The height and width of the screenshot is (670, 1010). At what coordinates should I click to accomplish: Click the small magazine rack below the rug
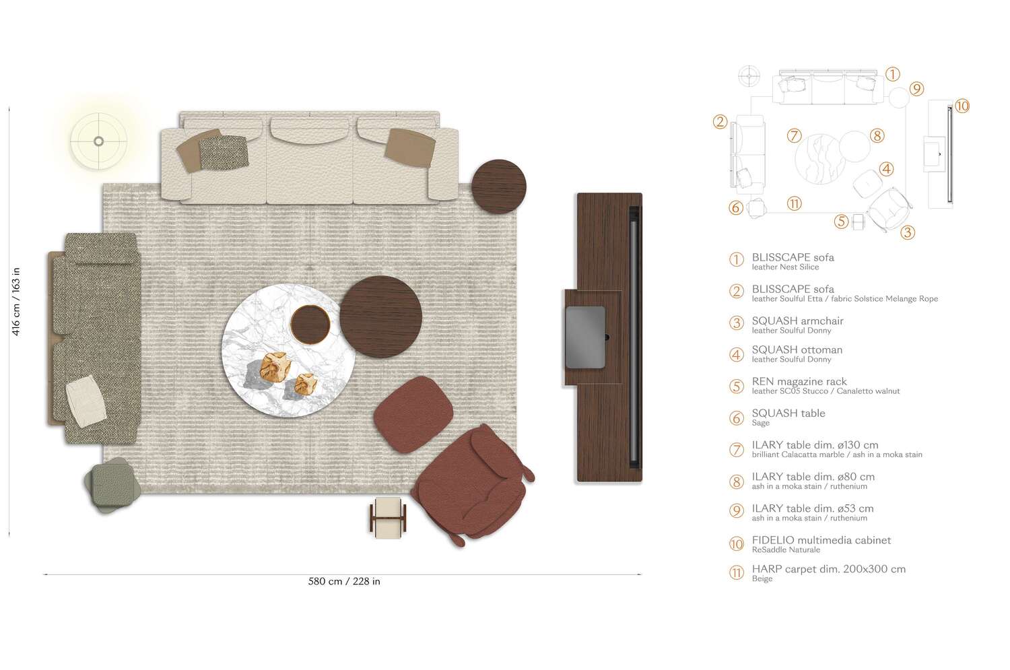[x=388, y=517]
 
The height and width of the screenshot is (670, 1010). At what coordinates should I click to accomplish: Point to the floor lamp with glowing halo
[x=98, y=141]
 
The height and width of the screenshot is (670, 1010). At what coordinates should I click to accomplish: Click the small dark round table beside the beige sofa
[x=498, y=187]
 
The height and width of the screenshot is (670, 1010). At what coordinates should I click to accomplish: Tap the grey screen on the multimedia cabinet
[x=585, y=337]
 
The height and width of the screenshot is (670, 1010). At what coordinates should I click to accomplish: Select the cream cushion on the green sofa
[x=86, y=401]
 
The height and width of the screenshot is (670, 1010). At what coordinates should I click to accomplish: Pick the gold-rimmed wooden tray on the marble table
[x=310, y=324]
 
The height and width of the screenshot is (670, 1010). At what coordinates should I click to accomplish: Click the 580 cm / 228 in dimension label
[x=344, y=582]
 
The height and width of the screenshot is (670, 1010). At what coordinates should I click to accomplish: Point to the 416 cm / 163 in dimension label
[x=16, y=301]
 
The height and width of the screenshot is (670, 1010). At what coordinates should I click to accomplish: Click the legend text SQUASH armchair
[x=797, y=321]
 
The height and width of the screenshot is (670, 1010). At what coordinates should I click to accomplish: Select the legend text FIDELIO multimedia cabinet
[x=821, y=540]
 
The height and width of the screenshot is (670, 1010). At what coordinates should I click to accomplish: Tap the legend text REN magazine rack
[x=799, y=381]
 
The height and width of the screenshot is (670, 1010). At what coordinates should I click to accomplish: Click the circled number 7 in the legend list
[x=737, y=450]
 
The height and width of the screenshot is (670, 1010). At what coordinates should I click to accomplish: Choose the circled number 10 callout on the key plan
[x=962, y=106]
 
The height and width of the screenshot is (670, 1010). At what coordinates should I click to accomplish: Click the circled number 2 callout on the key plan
[x=720, y=122]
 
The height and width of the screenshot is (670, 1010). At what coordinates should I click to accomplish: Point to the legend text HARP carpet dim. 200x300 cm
[x=828, y=569]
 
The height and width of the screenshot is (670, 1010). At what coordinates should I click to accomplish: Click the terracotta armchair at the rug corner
[x=471, y=481]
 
